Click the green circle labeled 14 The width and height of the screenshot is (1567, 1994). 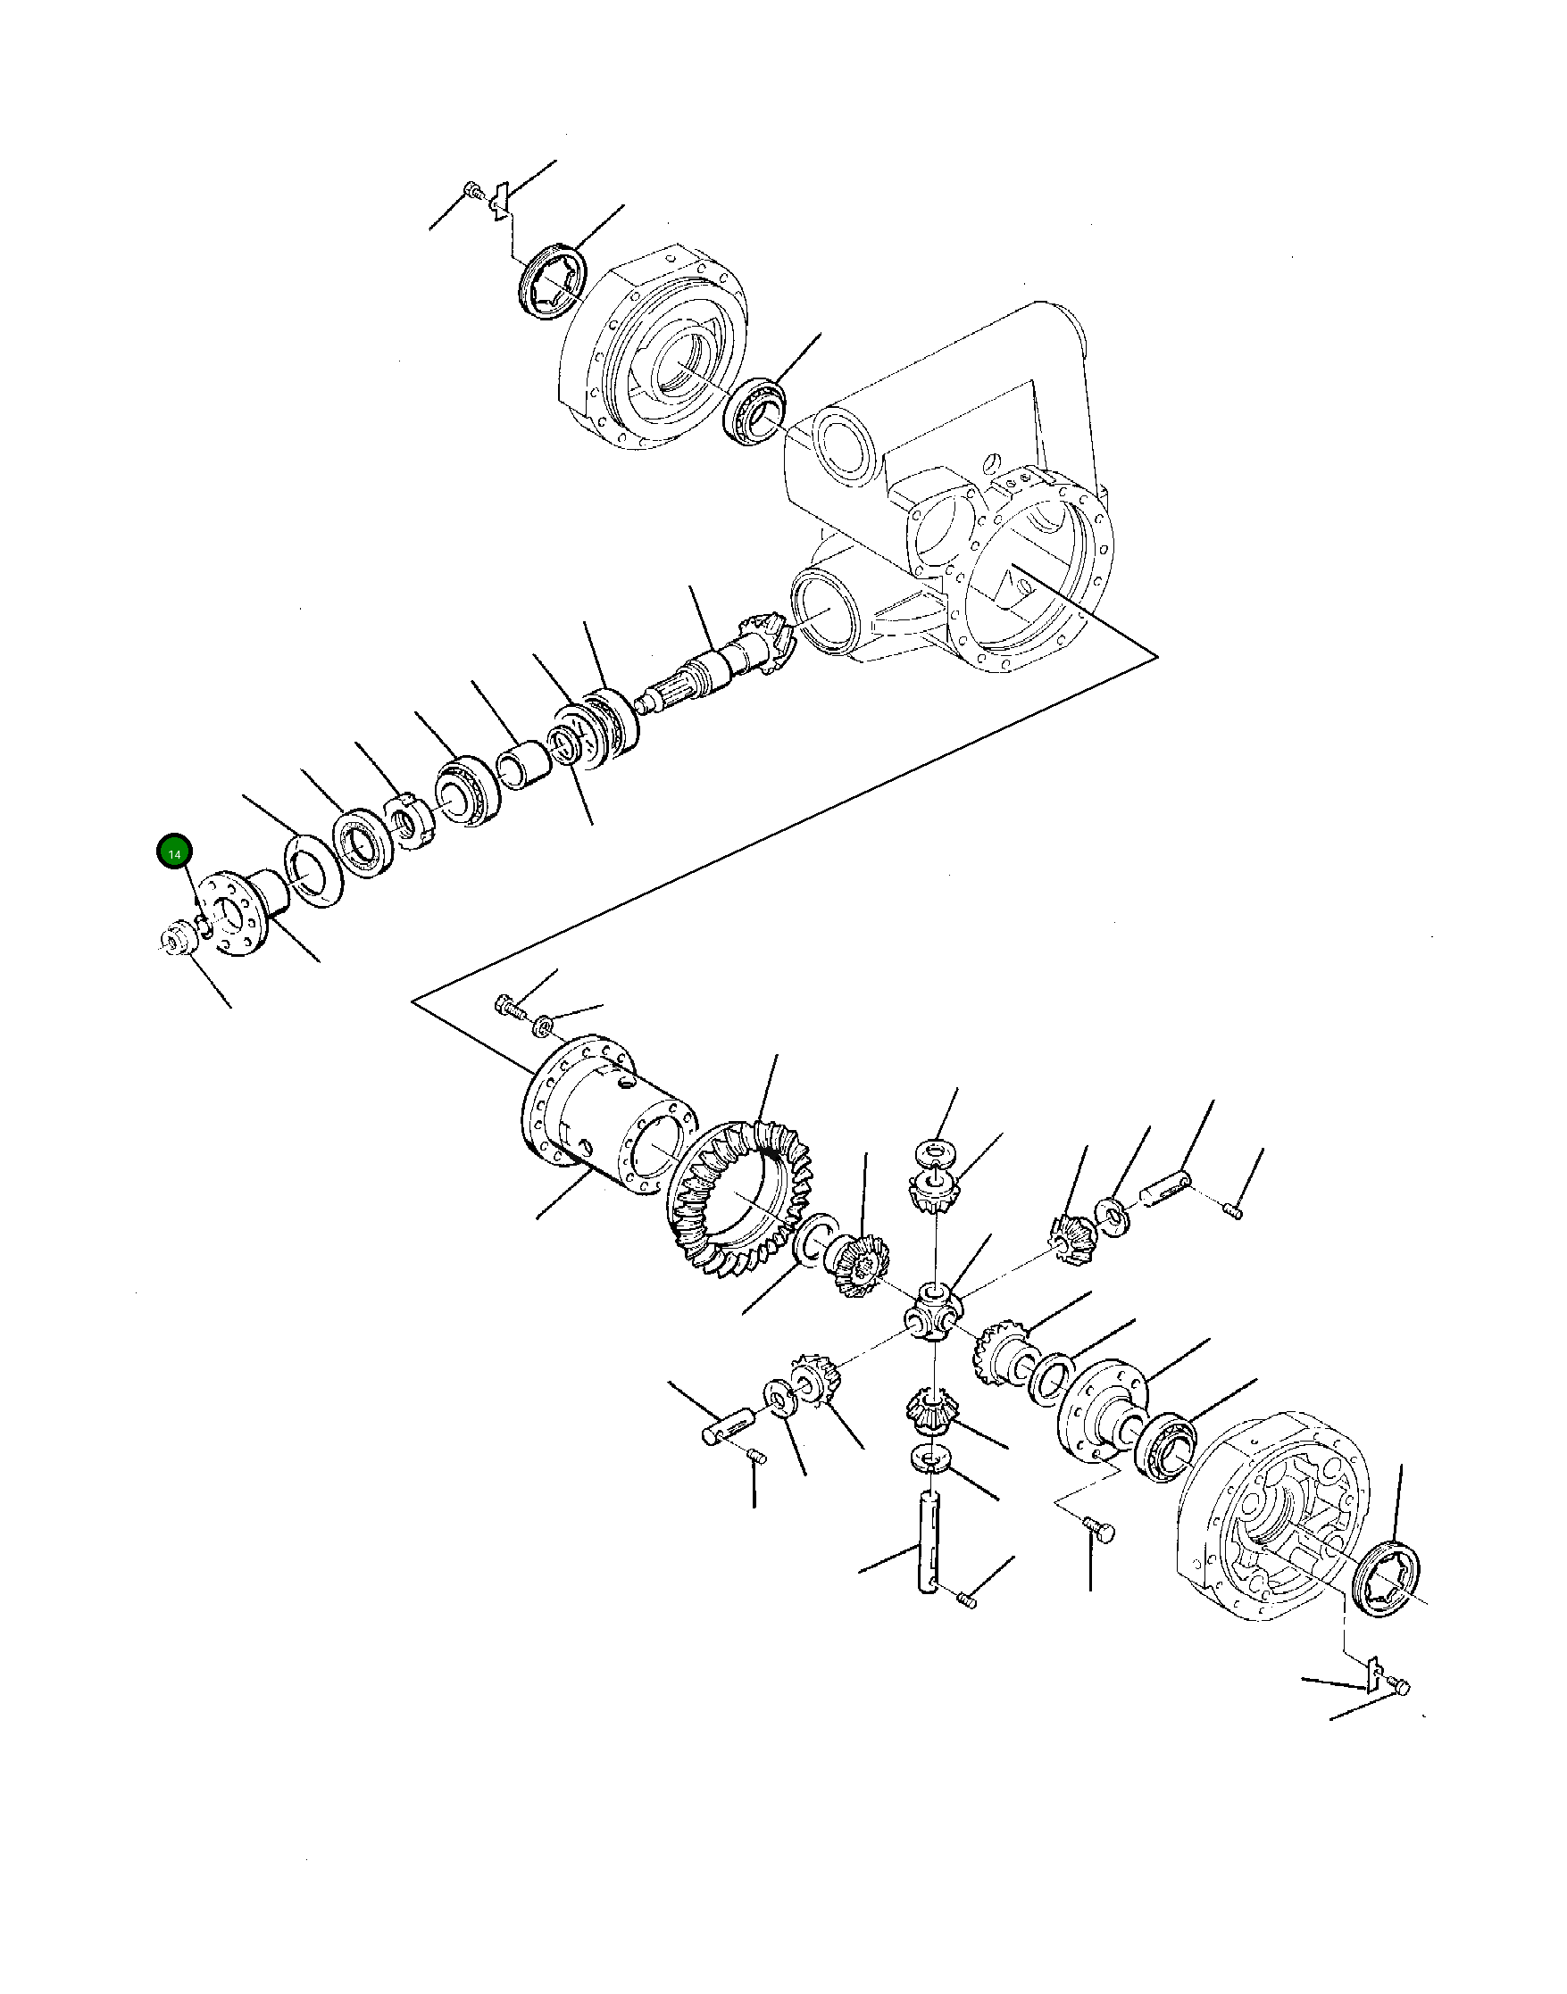174,852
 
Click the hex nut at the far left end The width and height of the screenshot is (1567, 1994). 174,941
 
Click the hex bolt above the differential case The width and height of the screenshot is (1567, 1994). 509,1007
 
